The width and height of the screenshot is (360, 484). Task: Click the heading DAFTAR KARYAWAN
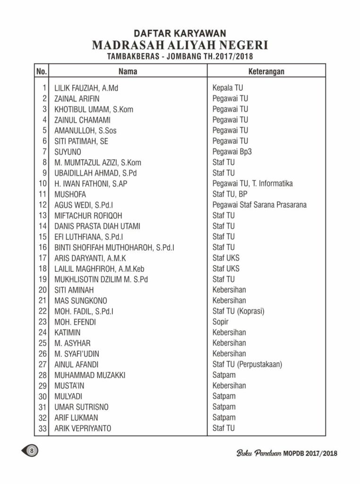coord(180,33)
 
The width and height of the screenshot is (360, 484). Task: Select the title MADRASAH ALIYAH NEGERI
coord(180,45)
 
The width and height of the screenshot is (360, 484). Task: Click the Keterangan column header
coord(266,71)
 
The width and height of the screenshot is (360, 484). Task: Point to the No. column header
coord(41,71)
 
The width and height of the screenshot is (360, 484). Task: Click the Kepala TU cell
coord(228,88)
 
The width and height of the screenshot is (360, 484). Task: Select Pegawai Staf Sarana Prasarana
coord(259,205)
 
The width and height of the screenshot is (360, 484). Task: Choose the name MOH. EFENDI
coord(76,322)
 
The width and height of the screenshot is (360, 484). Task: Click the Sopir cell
coord(220,322)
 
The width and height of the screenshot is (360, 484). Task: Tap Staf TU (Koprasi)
coord(238,311)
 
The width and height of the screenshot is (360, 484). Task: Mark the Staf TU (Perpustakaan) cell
coord(248,364)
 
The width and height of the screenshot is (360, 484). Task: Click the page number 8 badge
coord(31,450)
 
